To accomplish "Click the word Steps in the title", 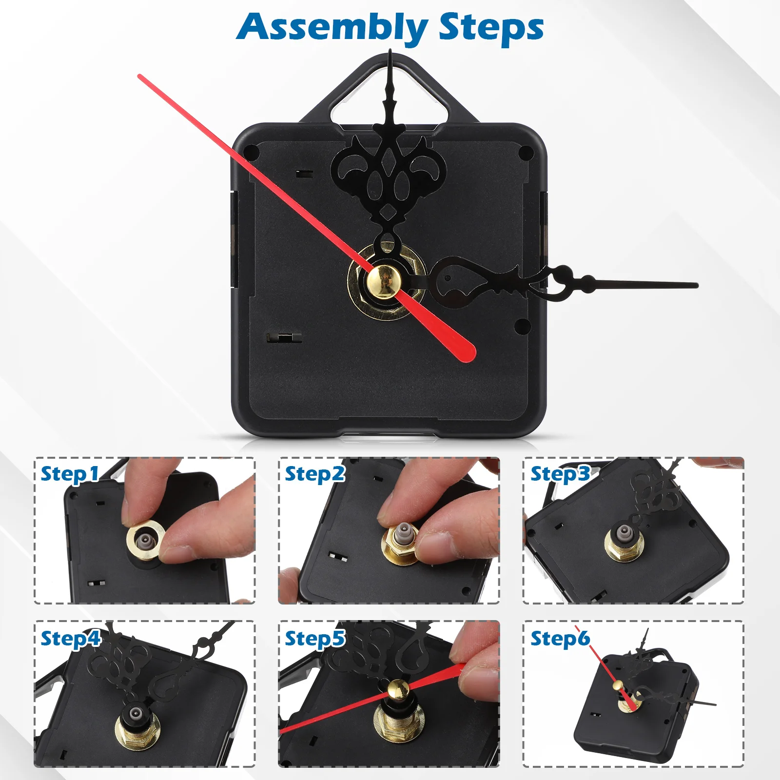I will [x=491, y=28].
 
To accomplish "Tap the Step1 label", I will [x=70, y=474].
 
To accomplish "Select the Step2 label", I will [x=315, y=474].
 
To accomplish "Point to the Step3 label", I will [x=560, y=474].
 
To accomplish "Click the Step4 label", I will [x=70, y=639].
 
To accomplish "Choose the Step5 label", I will [x=315, y=639].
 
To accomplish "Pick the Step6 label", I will [x=560, y=639].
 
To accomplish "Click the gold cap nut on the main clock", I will [x=384, y=281].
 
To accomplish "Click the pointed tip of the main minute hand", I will [x=390, y=52].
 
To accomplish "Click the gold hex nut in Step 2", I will [x=399, y=547].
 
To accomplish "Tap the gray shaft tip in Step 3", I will [x=624, y=531].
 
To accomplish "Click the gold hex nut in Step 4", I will [x=137, y=730].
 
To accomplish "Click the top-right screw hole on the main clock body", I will [x=526, y=154].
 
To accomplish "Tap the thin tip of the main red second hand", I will [x=140, y=77].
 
